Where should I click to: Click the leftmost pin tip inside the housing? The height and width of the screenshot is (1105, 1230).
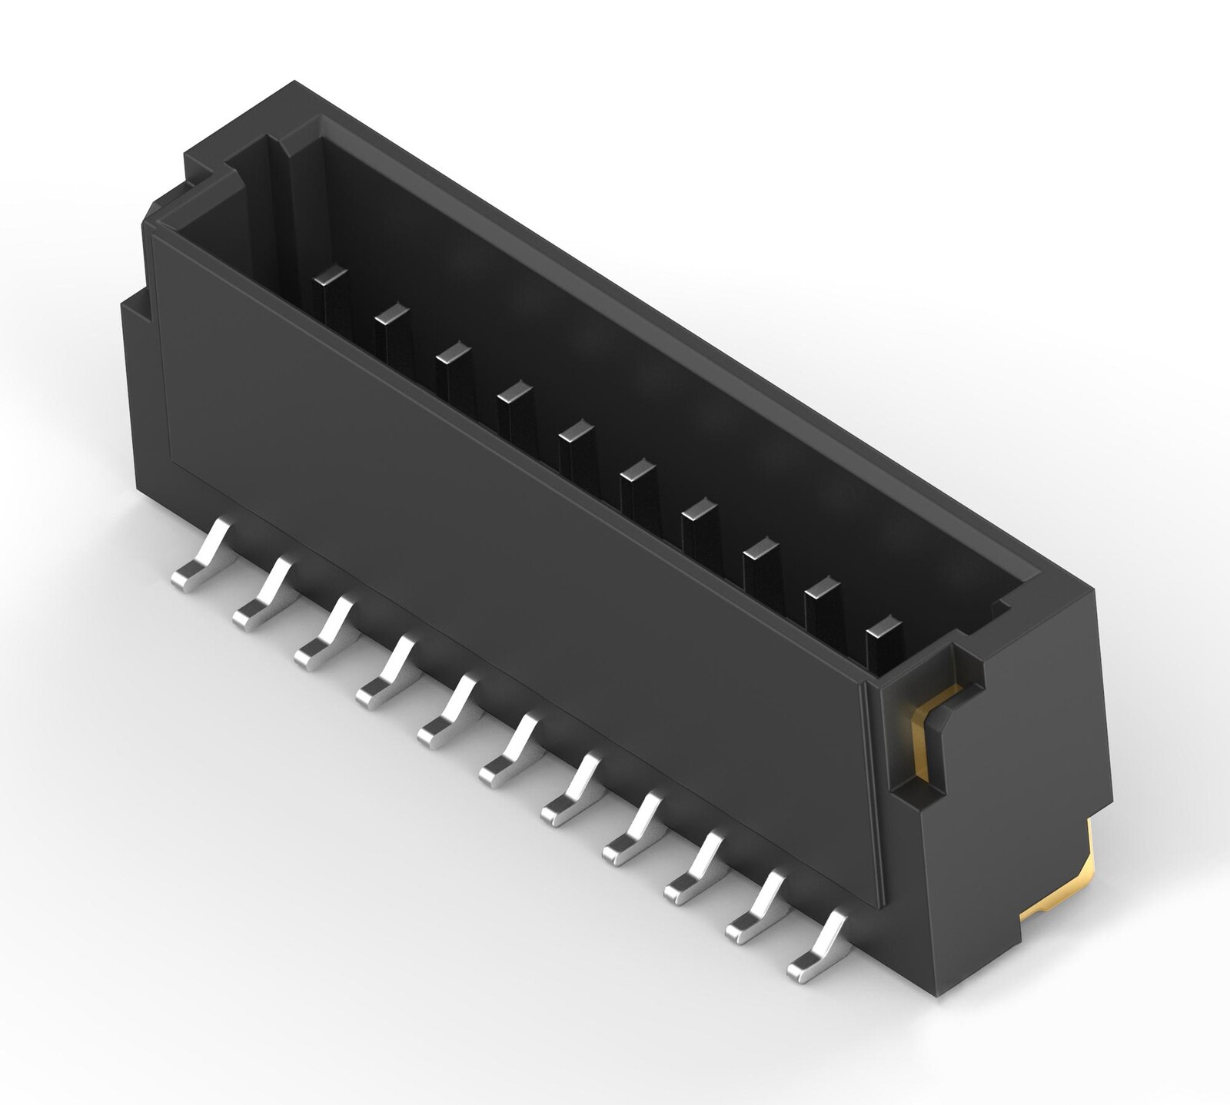331,274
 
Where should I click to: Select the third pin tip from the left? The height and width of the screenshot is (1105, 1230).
453,352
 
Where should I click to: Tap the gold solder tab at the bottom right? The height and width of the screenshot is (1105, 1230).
1076,884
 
